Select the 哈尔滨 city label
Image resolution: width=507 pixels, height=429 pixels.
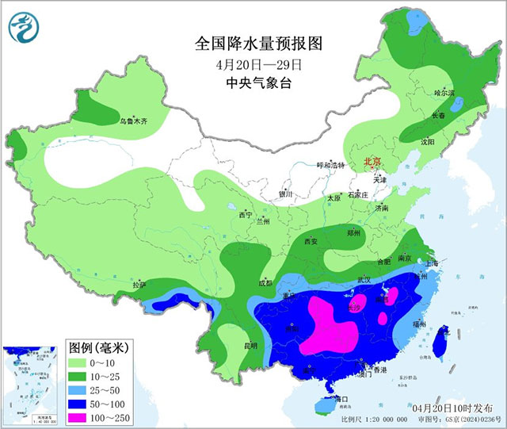click(445, 93)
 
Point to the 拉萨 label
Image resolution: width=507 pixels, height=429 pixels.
click(139, 285)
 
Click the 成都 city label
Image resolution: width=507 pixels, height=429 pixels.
click(265, 282)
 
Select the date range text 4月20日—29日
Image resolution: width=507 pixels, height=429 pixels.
click(253, 63)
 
